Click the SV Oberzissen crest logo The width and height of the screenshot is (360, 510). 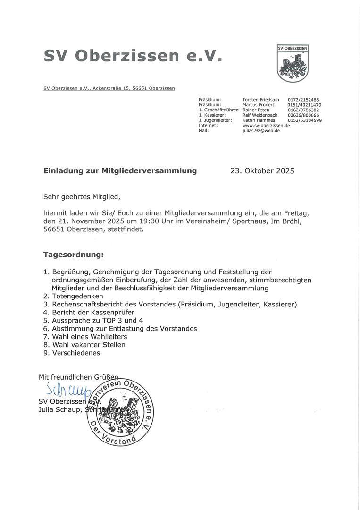point(293,63)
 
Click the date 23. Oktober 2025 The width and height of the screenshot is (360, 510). point(262,171)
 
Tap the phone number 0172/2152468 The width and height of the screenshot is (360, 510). point(303,100)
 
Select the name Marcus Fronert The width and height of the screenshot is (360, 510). point(258,105)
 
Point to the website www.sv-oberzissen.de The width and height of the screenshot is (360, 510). point(266,126)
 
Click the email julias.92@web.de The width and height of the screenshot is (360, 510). point(261,131)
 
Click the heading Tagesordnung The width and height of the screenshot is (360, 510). point(73,255)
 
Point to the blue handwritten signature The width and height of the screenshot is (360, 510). point(68,390)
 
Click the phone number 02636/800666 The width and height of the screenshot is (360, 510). point(303,115)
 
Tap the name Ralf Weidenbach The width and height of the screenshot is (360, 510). point(260,115)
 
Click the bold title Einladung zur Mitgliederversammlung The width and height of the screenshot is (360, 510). point(120,171)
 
